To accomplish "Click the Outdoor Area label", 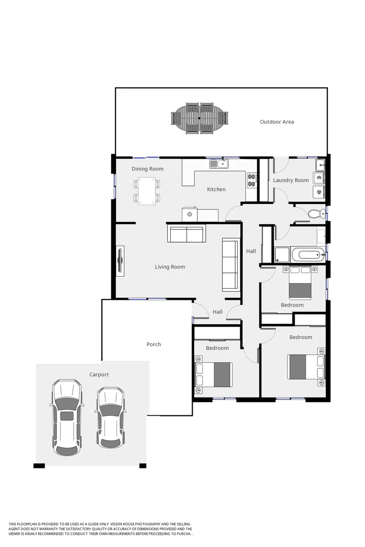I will pos(277,122).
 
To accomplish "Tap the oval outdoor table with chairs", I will pos(199,119).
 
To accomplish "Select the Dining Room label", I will pos(148,169).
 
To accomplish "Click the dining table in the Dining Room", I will pos(147,191).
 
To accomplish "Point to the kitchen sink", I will pos(219,164).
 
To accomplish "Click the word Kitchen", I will pos(216,189).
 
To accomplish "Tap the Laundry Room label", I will pos(291,180).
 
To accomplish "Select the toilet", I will pos(316,214).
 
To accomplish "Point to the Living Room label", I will pos(170,267).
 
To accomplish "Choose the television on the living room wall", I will pos(120,261).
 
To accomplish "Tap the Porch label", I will pos(154,344).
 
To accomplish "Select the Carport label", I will pos(99,375).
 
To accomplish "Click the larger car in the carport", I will pos(66,416).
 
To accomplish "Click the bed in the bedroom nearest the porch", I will pos(213,375).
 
